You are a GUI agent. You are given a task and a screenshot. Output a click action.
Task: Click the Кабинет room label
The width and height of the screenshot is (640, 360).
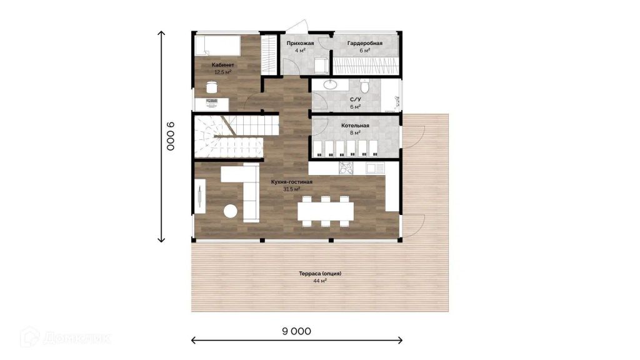coord(223,65)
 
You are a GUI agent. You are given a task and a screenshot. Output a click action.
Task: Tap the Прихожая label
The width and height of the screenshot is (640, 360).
coord(300,43)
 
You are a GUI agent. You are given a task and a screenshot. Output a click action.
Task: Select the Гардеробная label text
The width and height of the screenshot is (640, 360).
coord(365,43)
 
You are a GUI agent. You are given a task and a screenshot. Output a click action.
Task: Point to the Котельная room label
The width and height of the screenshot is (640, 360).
coord(355,126)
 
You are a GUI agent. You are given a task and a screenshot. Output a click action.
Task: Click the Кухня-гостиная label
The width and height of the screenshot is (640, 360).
coord(292,182)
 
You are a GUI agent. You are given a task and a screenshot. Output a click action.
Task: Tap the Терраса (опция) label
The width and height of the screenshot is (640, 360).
coord(320,274)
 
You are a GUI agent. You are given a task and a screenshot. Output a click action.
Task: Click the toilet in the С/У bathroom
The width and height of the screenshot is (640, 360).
coord(365,86)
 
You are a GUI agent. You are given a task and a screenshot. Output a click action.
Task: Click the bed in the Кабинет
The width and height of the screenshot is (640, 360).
coord(217,45)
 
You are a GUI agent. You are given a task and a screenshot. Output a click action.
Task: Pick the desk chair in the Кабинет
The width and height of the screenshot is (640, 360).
coord(211,87)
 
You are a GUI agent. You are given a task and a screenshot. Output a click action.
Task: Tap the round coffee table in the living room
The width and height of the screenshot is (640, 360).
coord(230,211)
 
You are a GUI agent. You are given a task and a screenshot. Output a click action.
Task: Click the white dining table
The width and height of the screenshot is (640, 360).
coord(325,211)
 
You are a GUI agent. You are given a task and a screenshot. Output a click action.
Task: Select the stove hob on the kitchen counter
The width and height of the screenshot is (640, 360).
coord(346,168)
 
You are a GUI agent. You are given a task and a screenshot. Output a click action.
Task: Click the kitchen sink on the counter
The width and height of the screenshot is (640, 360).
coord(375,167)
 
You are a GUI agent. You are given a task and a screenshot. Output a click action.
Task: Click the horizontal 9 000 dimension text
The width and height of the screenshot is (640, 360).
coord(297,331)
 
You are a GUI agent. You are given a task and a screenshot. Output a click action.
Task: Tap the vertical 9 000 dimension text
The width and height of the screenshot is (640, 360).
coord(171,136)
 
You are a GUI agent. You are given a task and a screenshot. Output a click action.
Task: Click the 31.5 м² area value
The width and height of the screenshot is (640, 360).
coord(292,189)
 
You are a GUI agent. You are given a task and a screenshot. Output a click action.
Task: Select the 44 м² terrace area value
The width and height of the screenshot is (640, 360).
coord(320,281)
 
